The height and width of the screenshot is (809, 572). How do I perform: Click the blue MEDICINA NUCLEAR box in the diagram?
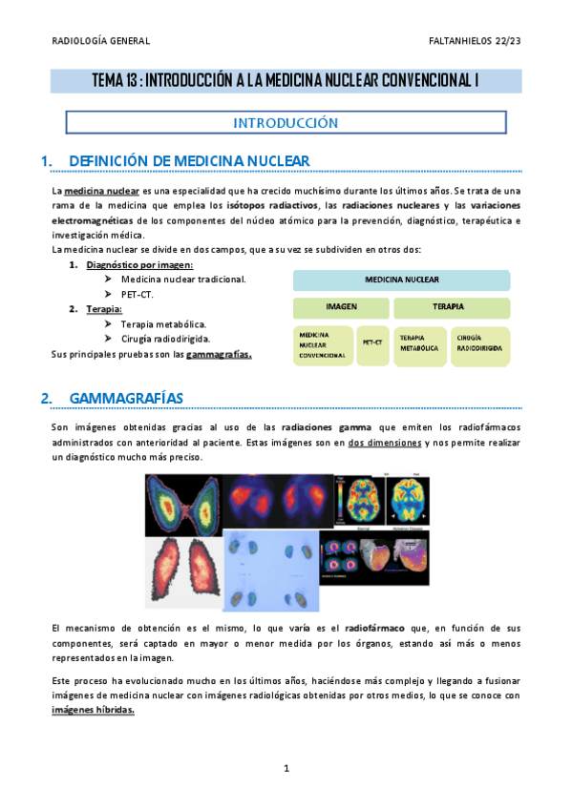[401, 280]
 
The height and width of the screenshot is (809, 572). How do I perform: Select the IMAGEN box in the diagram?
[341, 308]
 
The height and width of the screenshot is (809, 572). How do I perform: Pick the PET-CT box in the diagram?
[372, 342]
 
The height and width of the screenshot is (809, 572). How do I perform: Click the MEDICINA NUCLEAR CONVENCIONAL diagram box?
[323, 345]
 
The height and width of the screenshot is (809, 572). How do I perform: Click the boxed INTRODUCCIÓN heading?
[286, 122]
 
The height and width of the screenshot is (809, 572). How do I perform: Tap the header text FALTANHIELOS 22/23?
[476, 40]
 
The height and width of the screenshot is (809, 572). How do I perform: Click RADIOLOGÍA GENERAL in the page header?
[100, 40]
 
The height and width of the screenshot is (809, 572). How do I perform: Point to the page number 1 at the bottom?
[286, 768]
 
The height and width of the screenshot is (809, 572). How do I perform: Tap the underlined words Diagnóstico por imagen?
[139, 264]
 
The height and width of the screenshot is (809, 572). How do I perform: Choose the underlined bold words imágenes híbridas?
[93, 711]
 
